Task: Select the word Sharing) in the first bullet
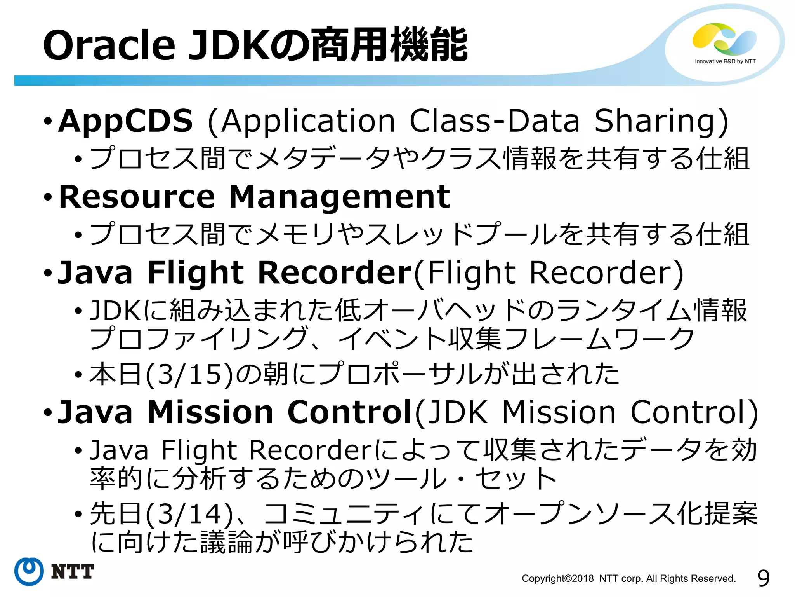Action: point(661,121)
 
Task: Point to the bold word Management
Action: point(340,197)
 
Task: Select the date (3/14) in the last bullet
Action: point(189,514)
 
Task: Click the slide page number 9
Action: point(763,578)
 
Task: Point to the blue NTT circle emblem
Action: point(29,571)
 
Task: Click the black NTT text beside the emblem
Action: point(73,571)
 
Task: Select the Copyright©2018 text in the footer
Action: point(557,578)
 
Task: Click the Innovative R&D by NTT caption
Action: point(725,61)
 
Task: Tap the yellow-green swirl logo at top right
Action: point(724,38)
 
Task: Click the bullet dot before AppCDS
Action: point(47,122)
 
